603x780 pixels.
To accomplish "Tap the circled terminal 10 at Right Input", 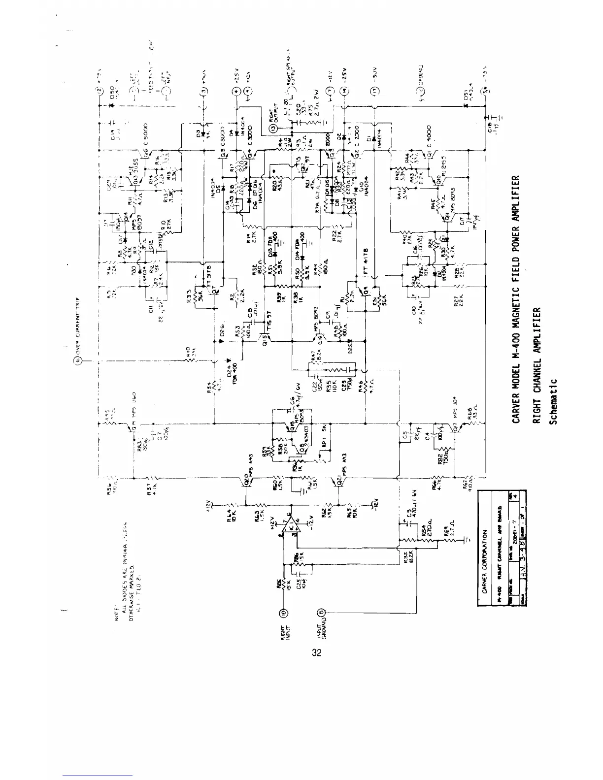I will (284, 613).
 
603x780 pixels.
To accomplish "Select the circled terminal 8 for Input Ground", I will (322, 613).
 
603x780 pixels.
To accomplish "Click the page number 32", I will (317, 653).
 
